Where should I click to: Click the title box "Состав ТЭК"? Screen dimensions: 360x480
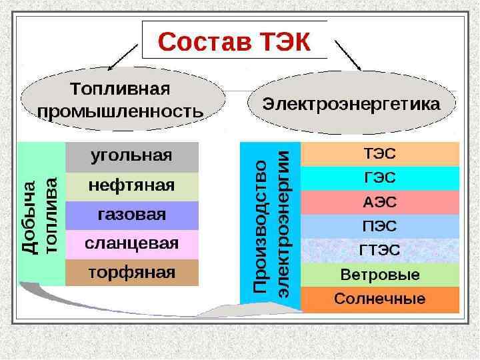235,41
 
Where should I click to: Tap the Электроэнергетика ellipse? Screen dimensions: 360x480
351,105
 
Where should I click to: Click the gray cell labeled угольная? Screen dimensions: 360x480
132,157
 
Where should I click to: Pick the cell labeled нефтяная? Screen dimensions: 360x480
132,186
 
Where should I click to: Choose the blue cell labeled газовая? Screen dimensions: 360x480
132,215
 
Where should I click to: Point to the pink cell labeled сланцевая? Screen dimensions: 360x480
132,244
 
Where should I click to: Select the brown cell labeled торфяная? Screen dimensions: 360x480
132,272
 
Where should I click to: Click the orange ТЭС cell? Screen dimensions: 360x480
380,153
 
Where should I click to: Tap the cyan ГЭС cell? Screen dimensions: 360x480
380,178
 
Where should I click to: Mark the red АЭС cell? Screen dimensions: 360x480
380,202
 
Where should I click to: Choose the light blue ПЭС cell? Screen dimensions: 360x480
380,226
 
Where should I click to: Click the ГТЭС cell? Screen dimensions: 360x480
380,251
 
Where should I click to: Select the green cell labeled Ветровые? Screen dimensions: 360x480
380,275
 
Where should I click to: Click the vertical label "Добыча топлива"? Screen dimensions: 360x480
41,213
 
